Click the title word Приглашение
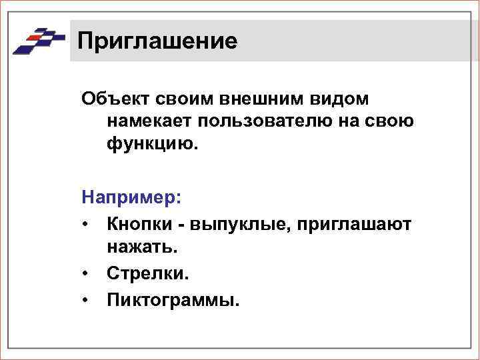point(157,41)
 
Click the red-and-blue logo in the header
point(39,41)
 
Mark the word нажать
point(141,247)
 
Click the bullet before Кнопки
point(87,223)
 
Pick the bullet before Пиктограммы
point(87,299)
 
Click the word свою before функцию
point(392,122)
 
